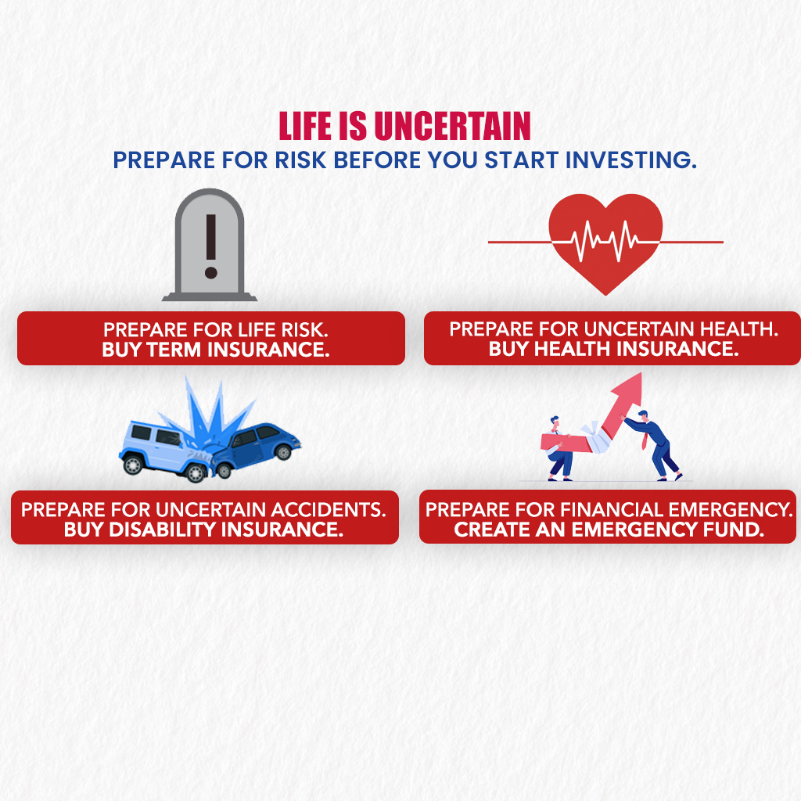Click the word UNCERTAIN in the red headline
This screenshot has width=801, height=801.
point(453,126)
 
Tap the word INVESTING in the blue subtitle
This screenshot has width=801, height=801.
point(631,160)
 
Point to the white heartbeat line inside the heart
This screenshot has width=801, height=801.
point(606,241)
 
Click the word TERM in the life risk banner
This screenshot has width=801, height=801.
point(174,350)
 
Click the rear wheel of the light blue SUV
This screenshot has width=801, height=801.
point(133,465)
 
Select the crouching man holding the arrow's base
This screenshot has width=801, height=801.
point(558,450)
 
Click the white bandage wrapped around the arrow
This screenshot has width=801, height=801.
point(595,436)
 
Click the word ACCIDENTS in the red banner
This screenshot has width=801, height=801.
point(328,510)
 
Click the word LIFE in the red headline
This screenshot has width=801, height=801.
point(305,126)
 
